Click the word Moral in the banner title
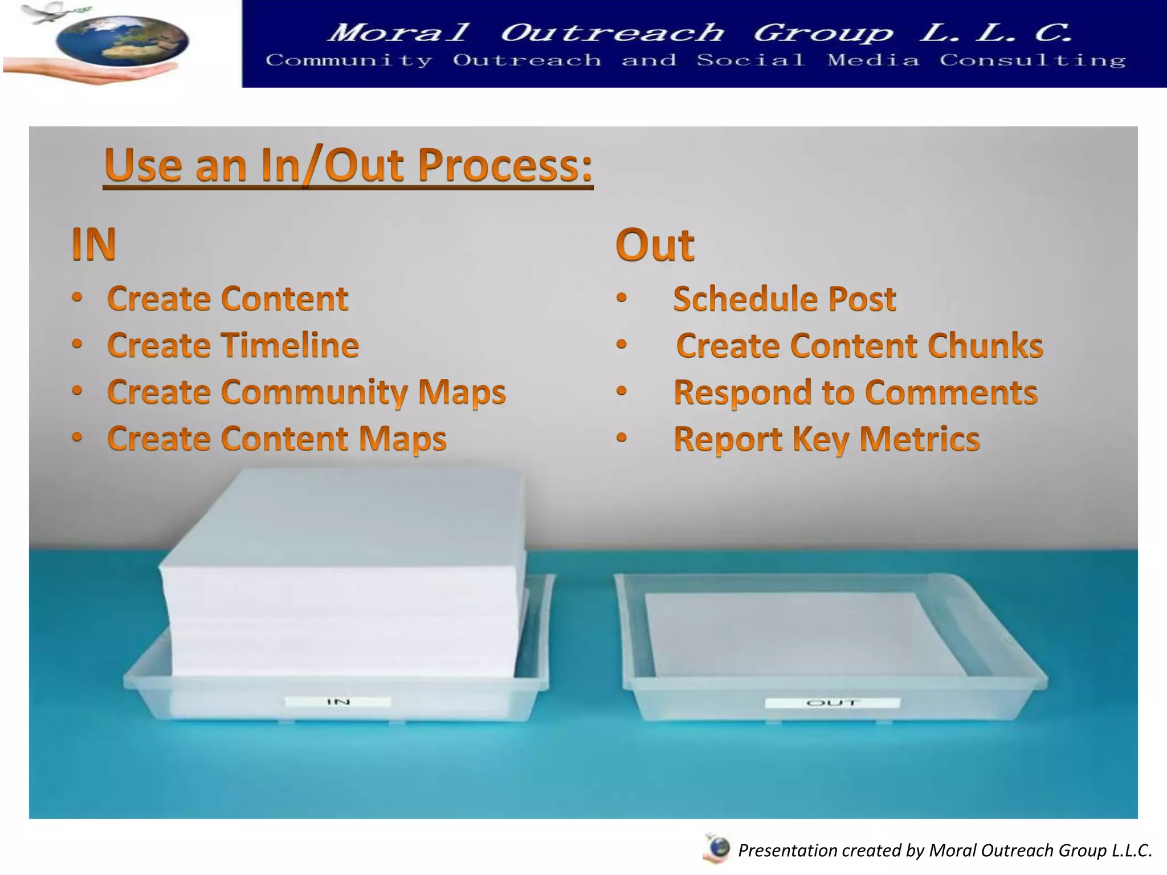(x=399, y=32)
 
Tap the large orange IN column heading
(x=94, y=244)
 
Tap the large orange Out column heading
(x=655, y=245)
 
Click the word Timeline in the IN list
(x=290, y=345)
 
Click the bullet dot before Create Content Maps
(x=77, y=437)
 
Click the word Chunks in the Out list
(x=985, y=346)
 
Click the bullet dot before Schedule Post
(x=622, y=297)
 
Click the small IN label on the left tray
(x=338, y=702)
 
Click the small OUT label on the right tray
(x=833, y=703)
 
